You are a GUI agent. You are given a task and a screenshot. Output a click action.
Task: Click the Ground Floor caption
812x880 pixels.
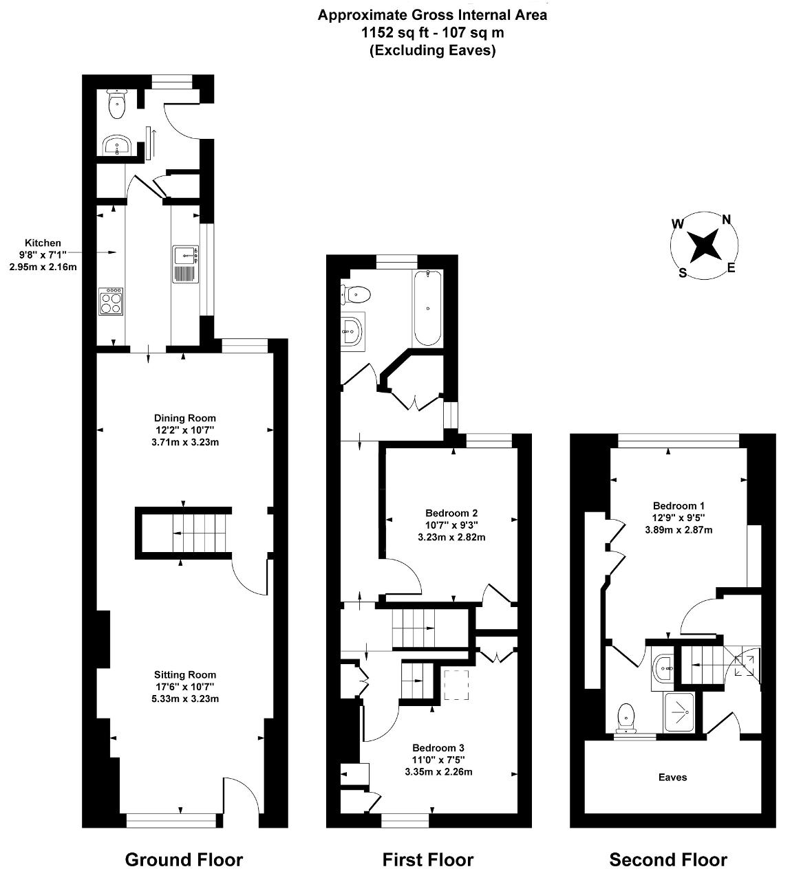184,859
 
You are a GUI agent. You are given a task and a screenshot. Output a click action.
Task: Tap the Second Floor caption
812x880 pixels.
668,859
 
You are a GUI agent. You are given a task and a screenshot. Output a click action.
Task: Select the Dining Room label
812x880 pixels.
185,418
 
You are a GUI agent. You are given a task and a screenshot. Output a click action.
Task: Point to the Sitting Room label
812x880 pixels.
185,675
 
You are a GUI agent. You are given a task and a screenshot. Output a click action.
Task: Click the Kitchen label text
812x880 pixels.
43,243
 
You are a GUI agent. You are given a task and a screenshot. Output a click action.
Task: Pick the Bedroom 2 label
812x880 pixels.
451,513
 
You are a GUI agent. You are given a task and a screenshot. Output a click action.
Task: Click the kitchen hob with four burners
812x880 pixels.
111,301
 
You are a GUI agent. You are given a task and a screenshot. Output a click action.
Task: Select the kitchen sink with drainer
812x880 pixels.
186,264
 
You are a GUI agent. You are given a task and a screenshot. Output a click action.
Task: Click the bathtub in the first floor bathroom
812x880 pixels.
427,309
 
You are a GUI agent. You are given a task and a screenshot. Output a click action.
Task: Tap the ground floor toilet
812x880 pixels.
117,104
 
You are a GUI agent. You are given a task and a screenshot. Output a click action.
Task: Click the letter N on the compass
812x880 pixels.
727,219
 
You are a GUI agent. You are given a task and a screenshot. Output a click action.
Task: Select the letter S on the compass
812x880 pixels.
683,273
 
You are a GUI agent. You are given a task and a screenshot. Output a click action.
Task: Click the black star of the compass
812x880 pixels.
704,245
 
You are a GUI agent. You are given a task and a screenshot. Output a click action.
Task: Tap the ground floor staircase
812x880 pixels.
183,533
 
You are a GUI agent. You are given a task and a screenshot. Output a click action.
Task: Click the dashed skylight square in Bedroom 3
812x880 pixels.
456,685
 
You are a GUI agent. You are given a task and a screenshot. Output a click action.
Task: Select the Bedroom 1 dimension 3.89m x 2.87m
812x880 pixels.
679,529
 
